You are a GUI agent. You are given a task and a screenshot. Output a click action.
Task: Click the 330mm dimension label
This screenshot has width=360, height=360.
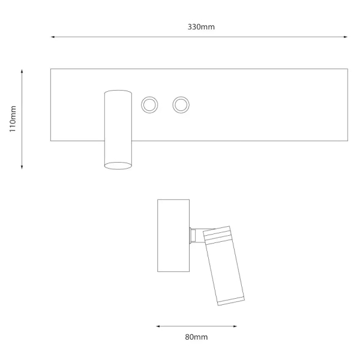pos(201,27)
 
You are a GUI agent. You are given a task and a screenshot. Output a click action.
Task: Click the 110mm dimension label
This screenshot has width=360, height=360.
pos(13,119)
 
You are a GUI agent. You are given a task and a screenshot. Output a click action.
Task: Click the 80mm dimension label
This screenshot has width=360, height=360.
pos(196,337)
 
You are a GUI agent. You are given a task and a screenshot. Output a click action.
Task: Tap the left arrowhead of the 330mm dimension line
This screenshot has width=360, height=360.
pos(53,37)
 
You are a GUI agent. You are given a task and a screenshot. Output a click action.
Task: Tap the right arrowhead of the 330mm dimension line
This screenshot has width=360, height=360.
pos(346,37)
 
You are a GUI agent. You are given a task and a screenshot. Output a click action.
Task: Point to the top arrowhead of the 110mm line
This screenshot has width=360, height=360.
pos(22,71)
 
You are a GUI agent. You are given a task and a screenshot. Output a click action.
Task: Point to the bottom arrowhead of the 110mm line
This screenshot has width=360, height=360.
pos(22,167)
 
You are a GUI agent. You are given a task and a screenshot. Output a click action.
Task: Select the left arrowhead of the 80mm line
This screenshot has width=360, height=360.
pos(158,326)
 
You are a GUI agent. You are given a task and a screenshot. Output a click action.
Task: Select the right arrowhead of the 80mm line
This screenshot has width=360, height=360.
pos(235,326)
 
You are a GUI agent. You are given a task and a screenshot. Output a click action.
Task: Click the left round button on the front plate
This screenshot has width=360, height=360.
pos(149,105)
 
